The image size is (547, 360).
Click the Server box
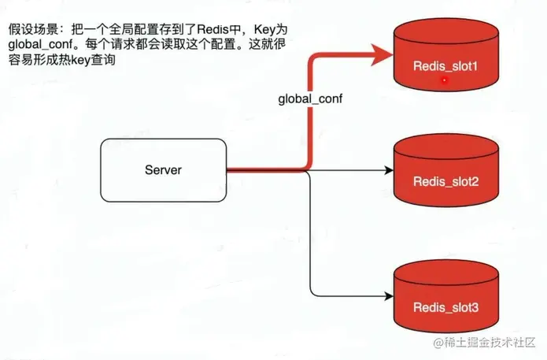163,169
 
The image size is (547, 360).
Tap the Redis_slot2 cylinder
445,171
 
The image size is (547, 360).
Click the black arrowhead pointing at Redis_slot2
388,170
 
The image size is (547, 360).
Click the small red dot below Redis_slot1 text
445,80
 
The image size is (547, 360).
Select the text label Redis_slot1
445,65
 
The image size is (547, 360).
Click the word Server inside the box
163,169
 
